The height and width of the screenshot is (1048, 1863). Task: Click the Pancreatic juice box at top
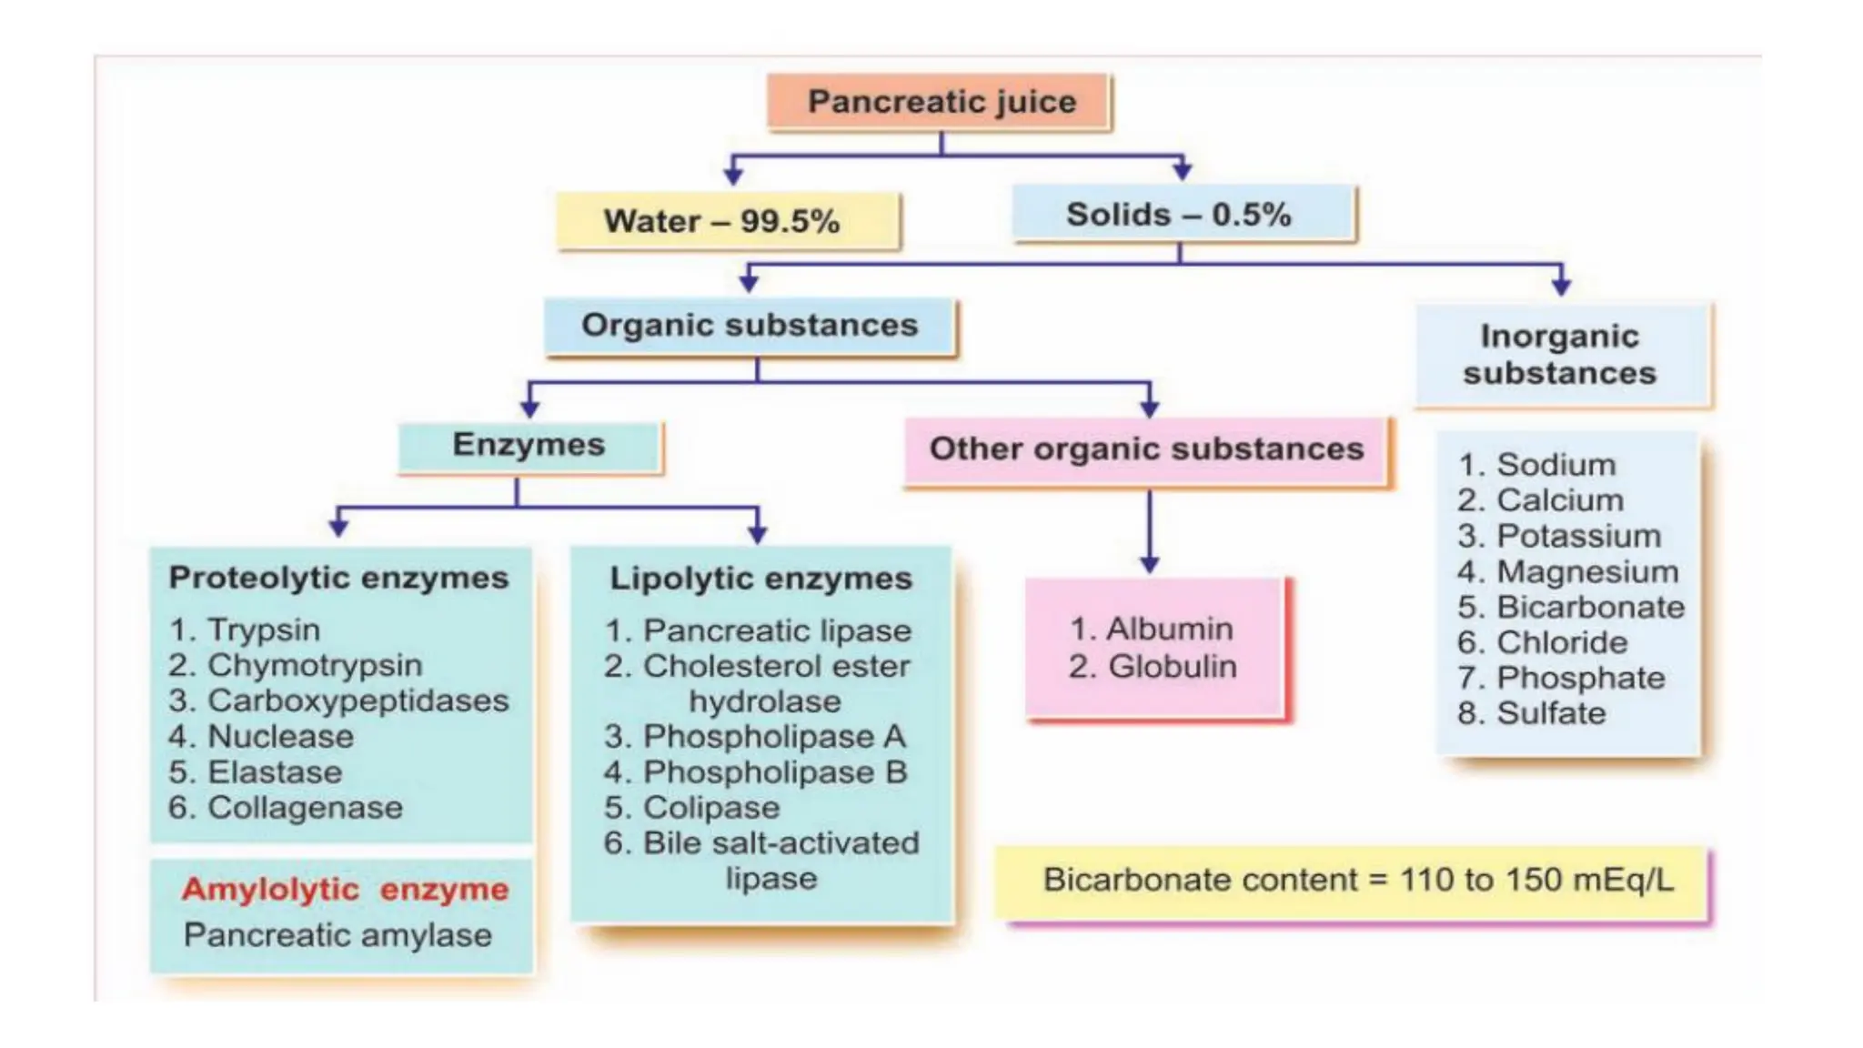tap(941, 102)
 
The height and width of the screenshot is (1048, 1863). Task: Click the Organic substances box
tap(750, 326)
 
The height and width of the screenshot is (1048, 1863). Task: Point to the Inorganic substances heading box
tap(1561, 355)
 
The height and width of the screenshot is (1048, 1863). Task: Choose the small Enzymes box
tap(529, 445)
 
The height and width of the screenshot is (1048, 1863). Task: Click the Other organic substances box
tap(1146, 449)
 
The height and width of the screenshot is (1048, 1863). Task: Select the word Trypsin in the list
tap(264, 630)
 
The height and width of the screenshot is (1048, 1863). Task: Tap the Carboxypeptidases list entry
tap(357, 700)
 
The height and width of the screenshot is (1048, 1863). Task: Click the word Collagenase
tap(305, 808)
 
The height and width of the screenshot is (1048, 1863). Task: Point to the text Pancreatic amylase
tap(337, 935)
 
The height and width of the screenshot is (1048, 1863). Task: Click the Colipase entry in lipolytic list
tap(711, 808)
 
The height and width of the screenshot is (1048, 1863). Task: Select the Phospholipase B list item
tap(775, 772)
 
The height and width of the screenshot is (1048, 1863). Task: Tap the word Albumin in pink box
tap(1169, 629)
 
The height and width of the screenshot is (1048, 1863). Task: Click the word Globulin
tap(1172, 667)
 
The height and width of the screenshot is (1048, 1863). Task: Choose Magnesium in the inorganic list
tap(1587, 572)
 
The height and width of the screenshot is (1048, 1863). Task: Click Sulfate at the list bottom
tap(1551, 713)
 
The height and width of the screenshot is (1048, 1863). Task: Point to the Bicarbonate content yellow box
tap(1355, 881)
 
